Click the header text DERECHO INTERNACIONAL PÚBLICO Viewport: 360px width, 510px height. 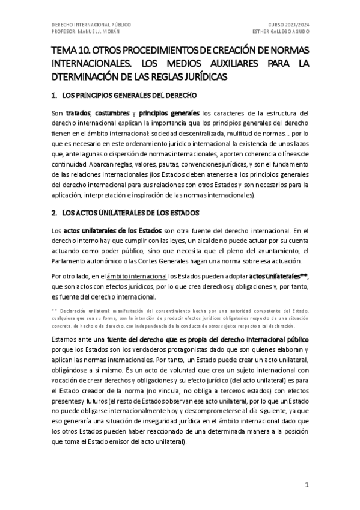click(x=91, y=25)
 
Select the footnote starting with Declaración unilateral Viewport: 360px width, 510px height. click(x=180, y=318)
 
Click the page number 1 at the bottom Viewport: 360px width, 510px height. click(x=307, y=485)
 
